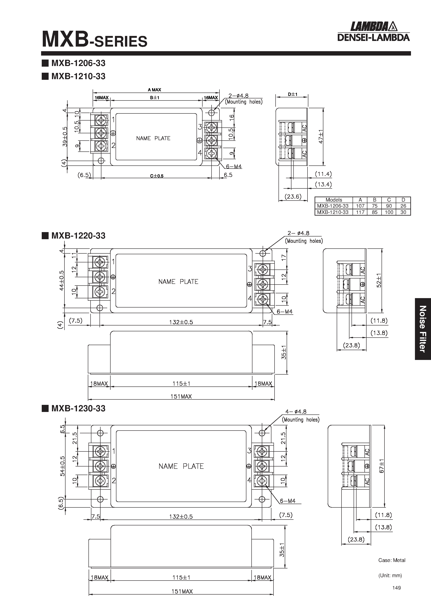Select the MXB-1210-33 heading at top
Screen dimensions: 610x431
click(x=78, y=76)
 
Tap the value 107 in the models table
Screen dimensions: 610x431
click(x=360, y=206)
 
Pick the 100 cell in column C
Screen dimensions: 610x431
click(x=389, y=212)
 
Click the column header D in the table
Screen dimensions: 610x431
click(x=403, y=200)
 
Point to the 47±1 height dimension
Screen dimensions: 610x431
click(x=321, y=137)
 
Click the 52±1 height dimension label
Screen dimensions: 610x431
click(x=379, y=280)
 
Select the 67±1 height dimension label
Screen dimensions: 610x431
click(x=382, y=466)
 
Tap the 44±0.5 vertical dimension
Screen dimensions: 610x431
click(x=62, y=280)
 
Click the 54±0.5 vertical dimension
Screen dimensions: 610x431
click(x=62, y=466)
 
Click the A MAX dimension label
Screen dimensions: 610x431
click(x=154, y=90)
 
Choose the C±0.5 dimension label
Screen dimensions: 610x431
click(x=157, y=176)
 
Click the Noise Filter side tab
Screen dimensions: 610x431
click(x=423, y=329)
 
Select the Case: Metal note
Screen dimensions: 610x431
click(x=392, y=560)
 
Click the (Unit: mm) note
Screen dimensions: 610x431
click(x=390, y=576)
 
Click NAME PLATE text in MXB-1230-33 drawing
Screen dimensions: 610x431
click(x=181, y=466)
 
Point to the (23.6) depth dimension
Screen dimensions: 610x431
click(x=293, y=197)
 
